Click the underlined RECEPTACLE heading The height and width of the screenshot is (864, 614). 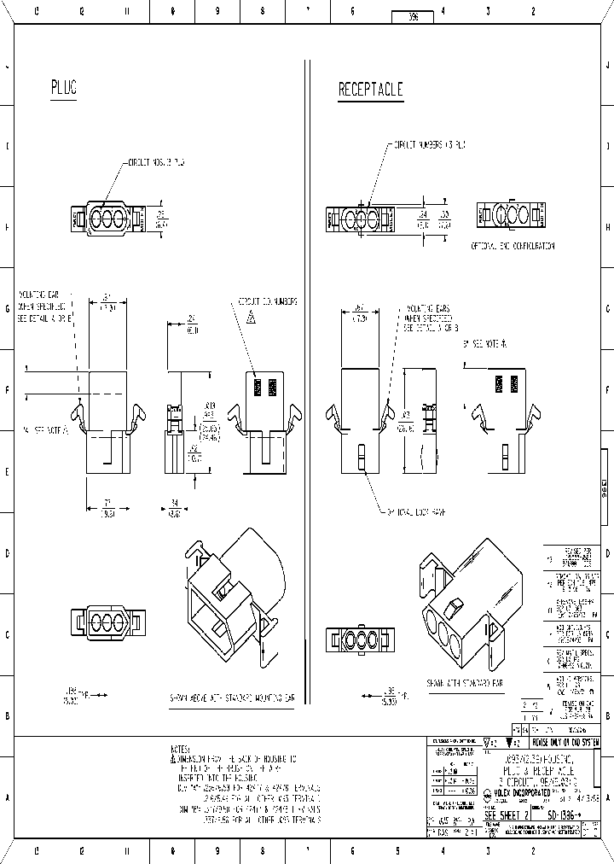click(370, 90)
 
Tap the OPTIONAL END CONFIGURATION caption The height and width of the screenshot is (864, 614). click(513, 245)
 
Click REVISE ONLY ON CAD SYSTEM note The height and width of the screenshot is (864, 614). click(565, 743)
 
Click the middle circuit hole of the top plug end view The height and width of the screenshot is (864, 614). click(106, 218)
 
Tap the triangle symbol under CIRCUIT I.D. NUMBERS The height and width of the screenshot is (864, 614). click(252, 318)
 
